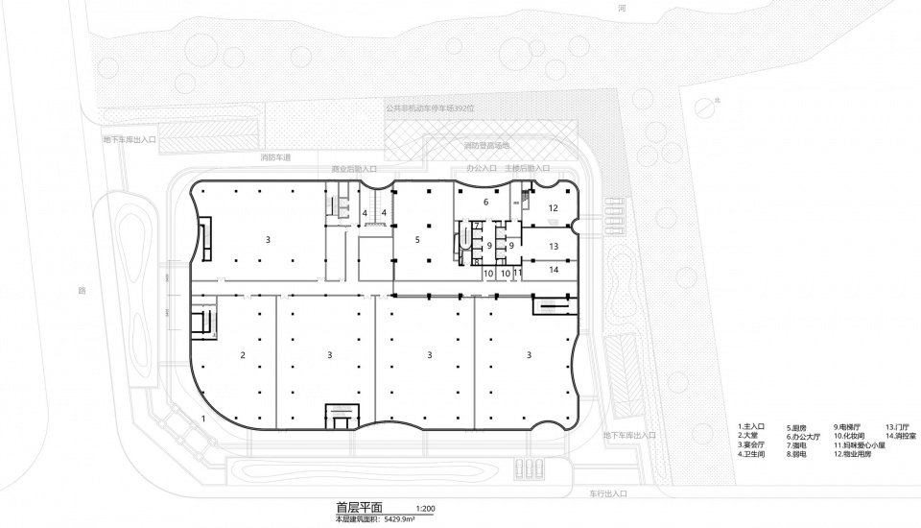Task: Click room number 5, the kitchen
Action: click(x=418, y=239)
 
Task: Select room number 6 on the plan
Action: click(x=485, y=203)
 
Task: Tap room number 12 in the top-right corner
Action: click(x=553, y=207)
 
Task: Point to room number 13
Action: click(x=554, y=247)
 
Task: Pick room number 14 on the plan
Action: click(x=554, y=271)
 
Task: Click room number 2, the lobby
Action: click(x=243, y=355)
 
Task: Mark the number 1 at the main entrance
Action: click(x=203, y=420)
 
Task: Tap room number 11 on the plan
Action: click(x=518, y=274)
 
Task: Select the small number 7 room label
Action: click(x=476, y=226)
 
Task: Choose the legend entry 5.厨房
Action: click(x=801, y=427)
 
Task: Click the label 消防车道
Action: click(x=274, y=156)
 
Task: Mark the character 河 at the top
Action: click(x=622, y=7)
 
